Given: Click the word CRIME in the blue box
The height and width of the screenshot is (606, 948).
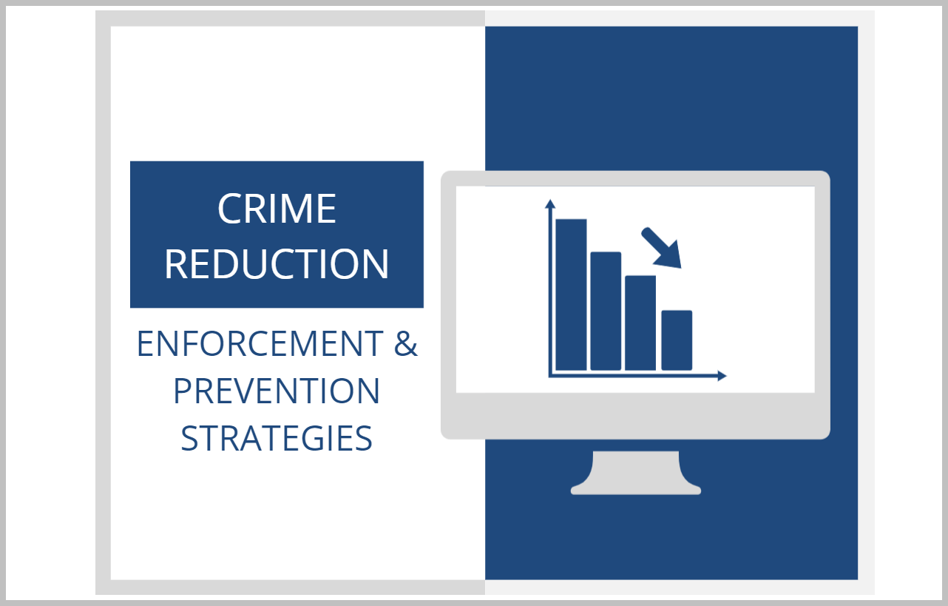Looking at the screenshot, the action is pyautogui.click(x=277, y=209).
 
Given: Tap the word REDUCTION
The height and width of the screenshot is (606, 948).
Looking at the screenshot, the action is pyautogui.click(x=277, y=264).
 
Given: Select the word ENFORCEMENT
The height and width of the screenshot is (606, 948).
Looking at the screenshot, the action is pyautogui.click(x=260, y=343).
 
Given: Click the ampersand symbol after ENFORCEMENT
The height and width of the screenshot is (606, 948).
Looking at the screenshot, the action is pyautogui.click(x=406, y=343).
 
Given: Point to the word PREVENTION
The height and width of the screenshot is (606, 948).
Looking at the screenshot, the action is pyautogui.click(x=277, y=391).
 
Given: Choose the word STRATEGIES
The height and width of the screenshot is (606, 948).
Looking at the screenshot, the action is pyautogui.click(x=277, y=438).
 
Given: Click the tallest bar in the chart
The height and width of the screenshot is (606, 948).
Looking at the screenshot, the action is pyautogui.click(x=571, y=294).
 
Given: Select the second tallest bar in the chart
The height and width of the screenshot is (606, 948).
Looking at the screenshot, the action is pyautogui.click(x=606, y=312).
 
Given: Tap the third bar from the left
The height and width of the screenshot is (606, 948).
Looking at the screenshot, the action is pyautogui.click(x=640, y=323).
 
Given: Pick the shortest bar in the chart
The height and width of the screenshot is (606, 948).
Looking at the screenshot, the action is pyautogui.click(x=677, y=340).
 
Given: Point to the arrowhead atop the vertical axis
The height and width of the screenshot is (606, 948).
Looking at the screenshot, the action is pyautogui.click(x=549, y=203).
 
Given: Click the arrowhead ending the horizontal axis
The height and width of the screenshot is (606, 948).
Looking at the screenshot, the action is pyautogui.click(x=722, y=376).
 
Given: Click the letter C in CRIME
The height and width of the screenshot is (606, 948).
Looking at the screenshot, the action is pyautogui.click(x=228, y=209).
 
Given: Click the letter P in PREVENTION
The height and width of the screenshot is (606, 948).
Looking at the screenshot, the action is pyautogui.click(x=182, y=391).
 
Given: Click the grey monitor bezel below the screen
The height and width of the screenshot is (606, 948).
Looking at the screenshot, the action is pyautogui.click(x=635, y=416).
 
